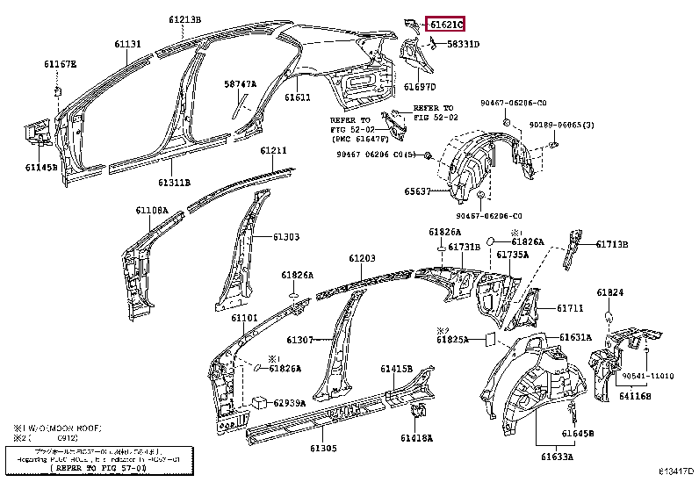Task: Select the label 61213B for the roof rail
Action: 185,19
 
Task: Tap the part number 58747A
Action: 240,84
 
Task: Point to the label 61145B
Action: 40,166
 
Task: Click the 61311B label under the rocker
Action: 176,183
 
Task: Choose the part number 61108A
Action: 152,211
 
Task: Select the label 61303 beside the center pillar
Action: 285,237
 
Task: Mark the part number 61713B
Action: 612,244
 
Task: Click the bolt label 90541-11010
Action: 648,375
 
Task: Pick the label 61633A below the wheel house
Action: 557,457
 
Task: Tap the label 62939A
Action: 289,404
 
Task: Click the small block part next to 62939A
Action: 260,403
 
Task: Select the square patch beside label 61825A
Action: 490,337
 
